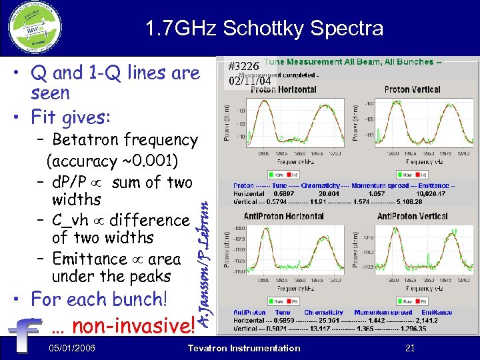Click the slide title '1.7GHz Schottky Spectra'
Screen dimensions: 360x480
pos(265,28)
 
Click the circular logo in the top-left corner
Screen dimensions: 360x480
pos(35,28)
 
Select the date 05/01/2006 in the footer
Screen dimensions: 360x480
pos(72,348)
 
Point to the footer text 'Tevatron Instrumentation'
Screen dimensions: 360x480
pos(244,348)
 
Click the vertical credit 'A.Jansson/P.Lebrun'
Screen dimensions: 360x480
pos(208,267)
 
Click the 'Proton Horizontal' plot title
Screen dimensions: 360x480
pos(283,89)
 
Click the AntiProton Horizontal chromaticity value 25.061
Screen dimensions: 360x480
pos(331,321)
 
